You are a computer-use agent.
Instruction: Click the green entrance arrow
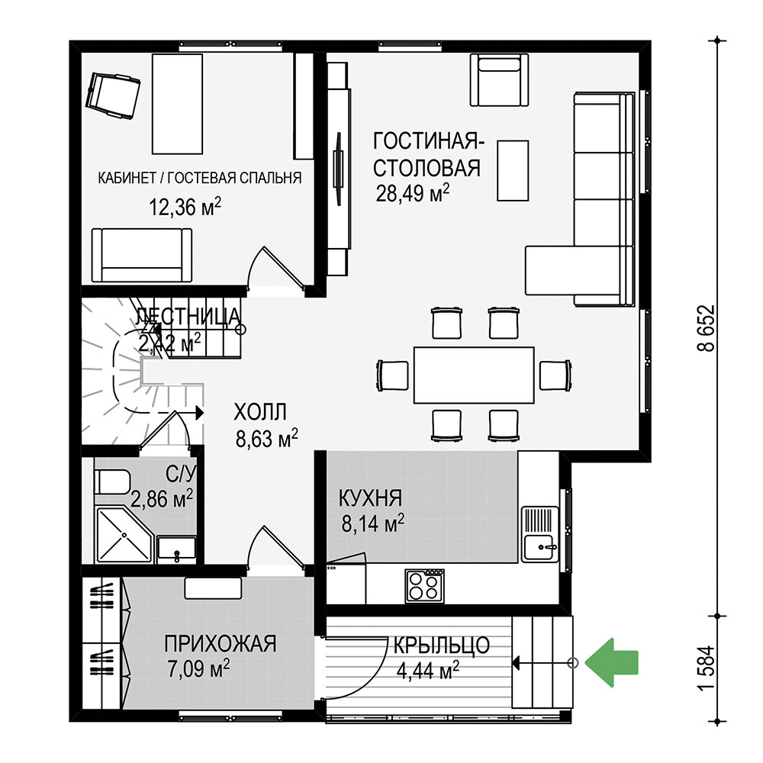(610, 662)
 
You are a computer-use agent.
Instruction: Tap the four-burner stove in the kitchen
(424, 585)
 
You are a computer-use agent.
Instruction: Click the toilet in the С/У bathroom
(112, 482)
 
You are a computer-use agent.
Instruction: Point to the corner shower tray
(124, 536)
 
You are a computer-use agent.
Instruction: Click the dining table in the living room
(474, 375)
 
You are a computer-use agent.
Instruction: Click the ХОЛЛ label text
(260, 412)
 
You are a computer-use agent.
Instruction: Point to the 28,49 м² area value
(412, 194)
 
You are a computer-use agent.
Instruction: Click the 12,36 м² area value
(185, 208)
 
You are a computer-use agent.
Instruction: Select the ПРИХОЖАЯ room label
(221, 644)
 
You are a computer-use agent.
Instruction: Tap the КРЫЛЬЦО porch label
(441, 645)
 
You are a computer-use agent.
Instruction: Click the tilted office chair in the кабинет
(112, 95)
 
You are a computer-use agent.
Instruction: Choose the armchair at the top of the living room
(499, 80)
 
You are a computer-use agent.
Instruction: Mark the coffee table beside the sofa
(513, 170)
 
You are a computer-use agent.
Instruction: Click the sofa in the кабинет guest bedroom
(142, 255)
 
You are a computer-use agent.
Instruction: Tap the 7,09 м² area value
(198, 668)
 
